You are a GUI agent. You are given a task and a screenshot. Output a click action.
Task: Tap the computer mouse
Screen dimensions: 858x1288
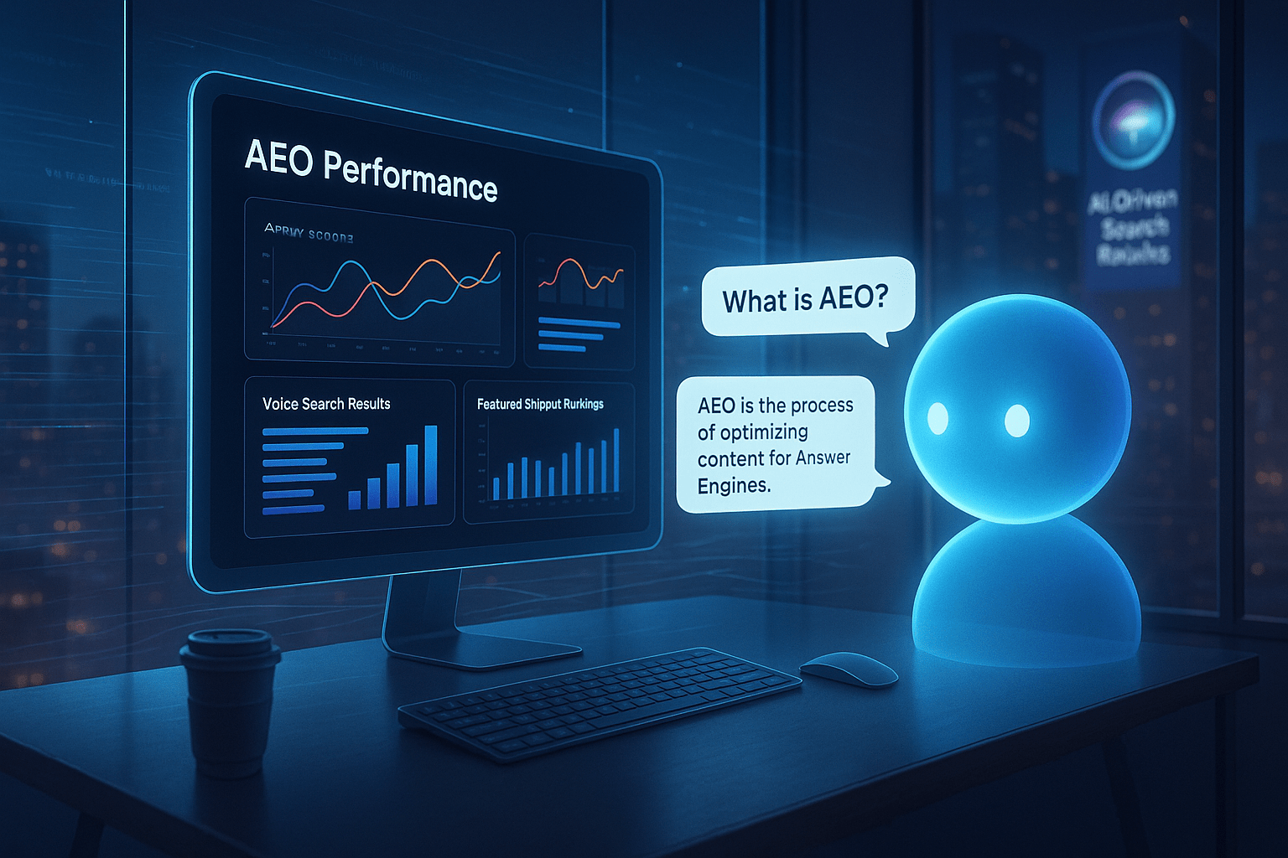pyautogui.click(x=848, y=669)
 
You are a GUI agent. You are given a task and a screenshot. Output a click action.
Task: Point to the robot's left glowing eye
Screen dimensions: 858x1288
pyautogui.click(x=937, y=418)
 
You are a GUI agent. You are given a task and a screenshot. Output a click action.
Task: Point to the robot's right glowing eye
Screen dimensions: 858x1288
pyautogui.click(x=1017, y=421)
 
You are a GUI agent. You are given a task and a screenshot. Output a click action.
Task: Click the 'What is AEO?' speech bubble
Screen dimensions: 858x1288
pyautogui.click(x=805, y=299)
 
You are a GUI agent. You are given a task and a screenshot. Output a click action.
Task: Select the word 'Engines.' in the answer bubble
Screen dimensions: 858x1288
pyautogui.click(x=734, y=486)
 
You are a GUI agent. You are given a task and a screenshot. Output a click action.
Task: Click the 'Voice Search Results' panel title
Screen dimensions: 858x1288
pyautogui.click(x=326, y=404)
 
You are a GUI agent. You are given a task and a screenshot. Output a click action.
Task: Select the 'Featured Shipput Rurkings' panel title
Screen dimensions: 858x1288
pyautogui.click(x=540, y=404)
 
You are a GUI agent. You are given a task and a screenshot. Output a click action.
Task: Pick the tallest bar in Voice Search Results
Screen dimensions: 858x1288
pyautogui.click(x=430, y=465)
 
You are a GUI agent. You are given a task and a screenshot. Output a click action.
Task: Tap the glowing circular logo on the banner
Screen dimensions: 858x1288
pyautogui.click(x=1134, y=120)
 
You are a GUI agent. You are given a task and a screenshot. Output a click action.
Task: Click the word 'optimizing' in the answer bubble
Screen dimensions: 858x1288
pyautogui.click(x=752, y=432)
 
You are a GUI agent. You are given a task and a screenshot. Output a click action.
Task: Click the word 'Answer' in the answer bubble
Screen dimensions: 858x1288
pyautogui.click(x=823, y=457)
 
